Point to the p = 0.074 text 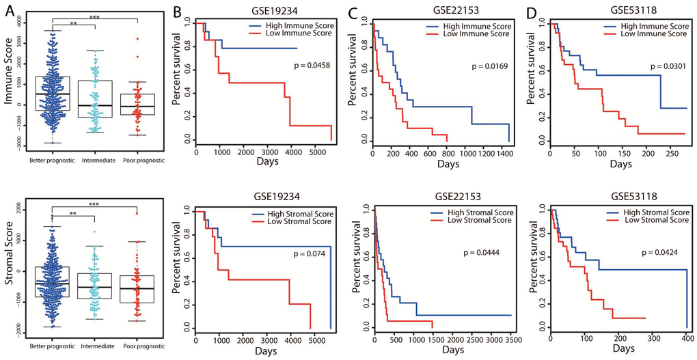point(312,253)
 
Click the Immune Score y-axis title point(10,83)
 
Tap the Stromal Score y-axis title point(10,264)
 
